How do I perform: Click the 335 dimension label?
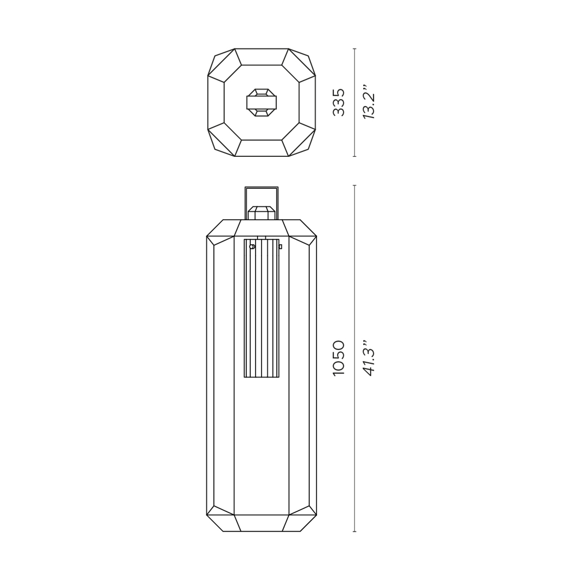[x=338, y=102]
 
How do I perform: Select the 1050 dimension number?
[x=338, y=358]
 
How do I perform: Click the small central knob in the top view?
[x=261, y=103]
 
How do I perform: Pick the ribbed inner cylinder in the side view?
[x=261, y=308]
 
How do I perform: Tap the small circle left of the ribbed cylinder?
[x=252, y=246]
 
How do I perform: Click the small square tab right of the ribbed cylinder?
[x=281, y=246]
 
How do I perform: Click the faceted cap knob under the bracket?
[x=261, y=213]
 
